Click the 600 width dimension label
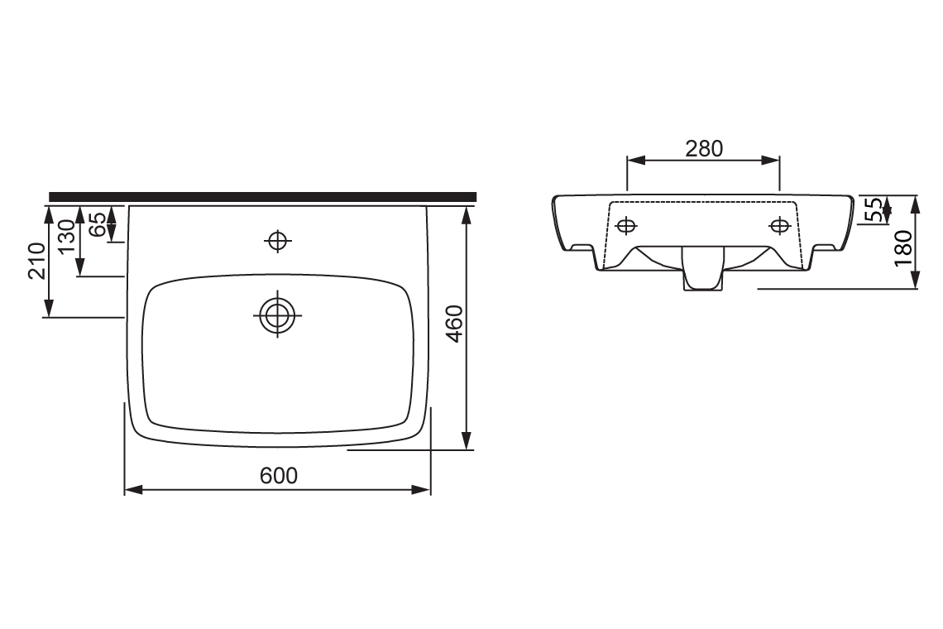[278, 475]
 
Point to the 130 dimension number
[66, 237]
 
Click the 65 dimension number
[97, 224]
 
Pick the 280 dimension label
[704, 148]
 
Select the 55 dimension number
[873, 210]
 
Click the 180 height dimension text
[902, 247]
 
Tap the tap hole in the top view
[277, 240]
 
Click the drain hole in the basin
[277, 314]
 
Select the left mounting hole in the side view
[627, 224]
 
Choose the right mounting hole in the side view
[779, 224]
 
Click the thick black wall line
[263, 196]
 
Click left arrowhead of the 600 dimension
[130, 490]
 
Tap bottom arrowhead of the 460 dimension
[467, 442]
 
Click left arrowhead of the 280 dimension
[633, 161]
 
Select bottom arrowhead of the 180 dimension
[915, 282]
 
